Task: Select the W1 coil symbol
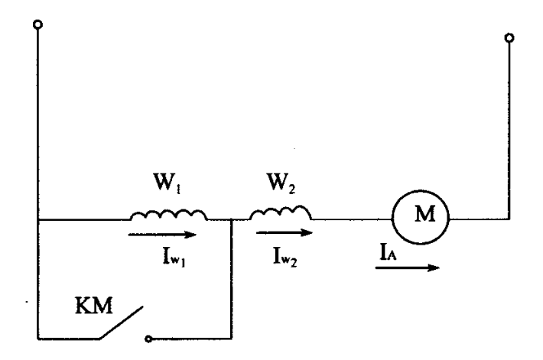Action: pos(167,216)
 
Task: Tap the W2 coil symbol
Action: pos(283,214)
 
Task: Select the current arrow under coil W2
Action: pos(283,232)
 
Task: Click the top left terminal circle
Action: pos(37,25)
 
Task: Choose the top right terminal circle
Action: pos(509,37)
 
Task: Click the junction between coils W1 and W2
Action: pos(231,220)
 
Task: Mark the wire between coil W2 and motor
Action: pos(352,220)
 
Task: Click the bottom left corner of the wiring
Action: pos(37,336)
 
